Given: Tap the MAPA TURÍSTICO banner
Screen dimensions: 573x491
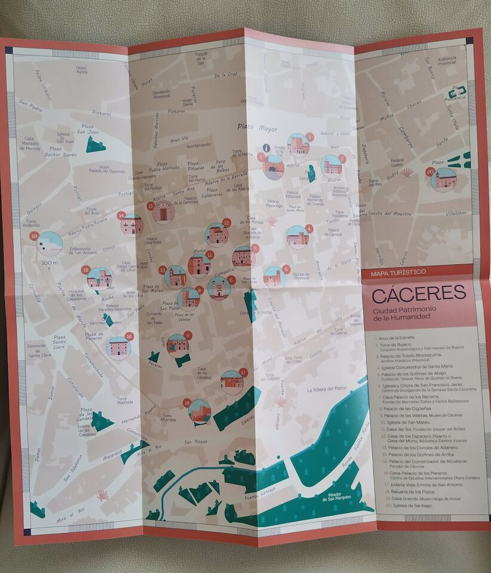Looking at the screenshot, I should [398, 272].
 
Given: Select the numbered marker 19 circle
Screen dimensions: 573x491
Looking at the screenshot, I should [34, 236].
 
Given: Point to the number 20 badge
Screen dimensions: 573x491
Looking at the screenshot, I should [429, 171].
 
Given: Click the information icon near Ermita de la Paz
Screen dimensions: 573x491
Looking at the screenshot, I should [266, 147].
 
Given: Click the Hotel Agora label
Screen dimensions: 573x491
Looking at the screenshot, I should [81, 70].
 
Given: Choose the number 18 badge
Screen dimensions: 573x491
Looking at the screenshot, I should [187, 402].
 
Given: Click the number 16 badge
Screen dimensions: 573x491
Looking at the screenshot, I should [130, 337].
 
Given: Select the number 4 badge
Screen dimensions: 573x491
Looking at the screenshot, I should [309, 228].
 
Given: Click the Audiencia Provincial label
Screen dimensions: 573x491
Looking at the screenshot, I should [447, 60].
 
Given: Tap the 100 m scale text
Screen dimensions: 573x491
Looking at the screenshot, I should [50, 263].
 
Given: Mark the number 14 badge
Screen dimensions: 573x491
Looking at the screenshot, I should [121, 215].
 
